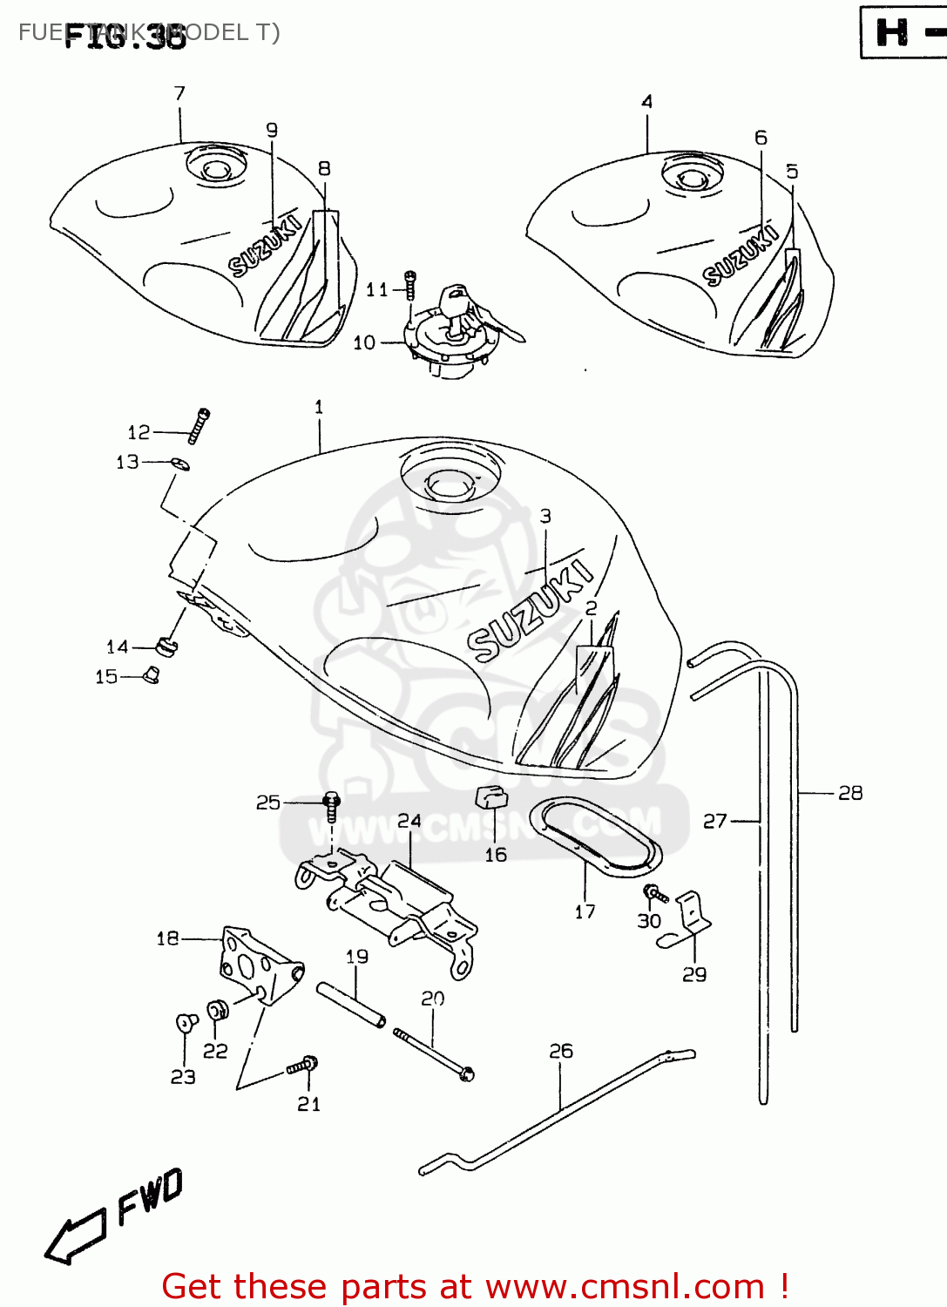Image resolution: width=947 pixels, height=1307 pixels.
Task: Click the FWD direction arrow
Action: point(77,1236)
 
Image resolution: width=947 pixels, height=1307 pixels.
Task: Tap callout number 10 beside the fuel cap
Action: point(364,342)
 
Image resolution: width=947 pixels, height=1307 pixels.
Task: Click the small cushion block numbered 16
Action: point(492,796)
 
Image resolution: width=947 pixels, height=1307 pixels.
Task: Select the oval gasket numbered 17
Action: point(601,836)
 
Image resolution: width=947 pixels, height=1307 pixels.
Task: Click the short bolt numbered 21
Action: point(302,1066)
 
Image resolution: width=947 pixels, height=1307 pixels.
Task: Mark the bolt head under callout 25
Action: point(331,801)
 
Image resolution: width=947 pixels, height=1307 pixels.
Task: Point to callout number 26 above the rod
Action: point(561,1051)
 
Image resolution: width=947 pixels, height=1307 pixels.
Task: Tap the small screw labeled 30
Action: point(654,894)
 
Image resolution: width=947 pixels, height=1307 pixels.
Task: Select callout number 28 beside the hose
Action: point(849,793)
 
